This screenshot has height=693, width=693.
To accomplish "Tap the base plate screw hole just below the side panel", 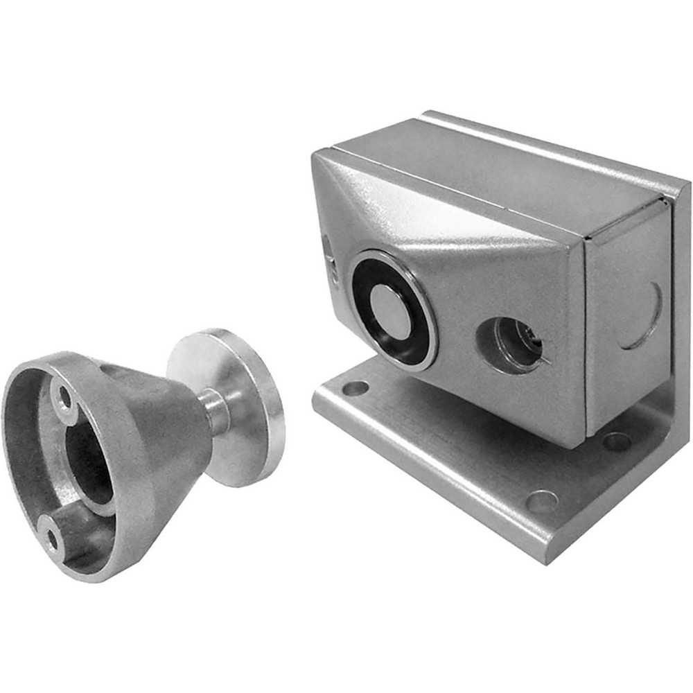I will [616, 441].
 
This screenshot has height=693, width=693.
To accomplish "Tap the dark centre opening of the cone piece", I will [90, 464].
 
